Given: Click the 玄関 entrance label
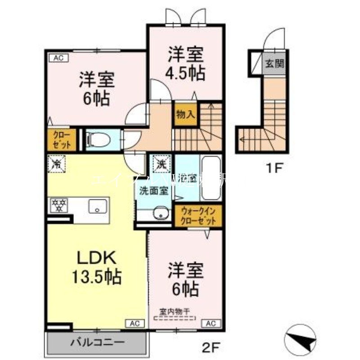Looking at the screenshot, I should (274, 64).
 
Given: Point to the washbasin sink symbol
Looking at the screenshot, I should (159, 213).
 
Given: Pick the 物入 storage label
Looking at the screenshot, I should (185, 114).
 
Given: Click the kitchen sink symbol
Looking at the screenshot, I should (97, 206).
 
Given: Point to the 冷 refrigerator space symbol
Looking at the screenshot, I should (58, 163).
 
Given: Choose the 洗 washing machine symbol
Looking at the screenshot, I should (161, 163).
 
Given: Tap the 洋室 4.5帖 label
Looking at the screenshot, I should (186, 63).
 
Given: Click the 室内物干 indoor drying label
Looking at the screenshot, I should (175, 311).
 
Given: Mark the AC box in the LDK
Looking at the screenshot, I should (134, 323).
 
